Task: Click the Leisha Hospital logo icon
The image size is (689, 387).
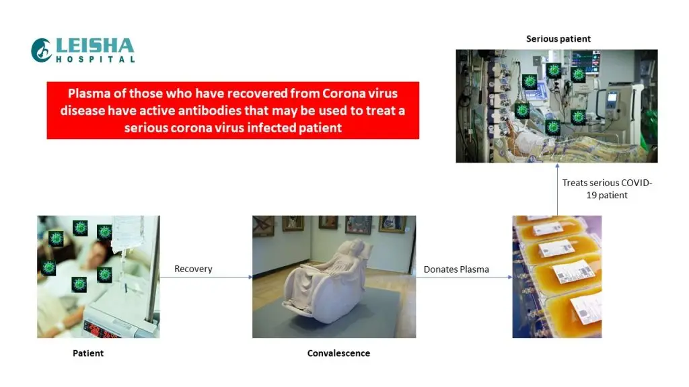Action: pos(42,50)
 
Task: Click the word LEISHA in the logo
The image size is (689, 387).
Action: pos(95,46)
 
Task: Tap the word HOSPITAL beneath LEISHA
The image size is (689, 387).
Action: pos(95,60)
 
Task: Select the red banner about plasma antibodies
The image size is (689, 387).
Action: pos(233,110)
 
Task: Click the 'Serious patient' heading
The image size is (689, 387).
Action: pos(558,39)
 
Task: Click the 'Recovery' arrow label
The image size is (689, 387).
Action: pos(193,269)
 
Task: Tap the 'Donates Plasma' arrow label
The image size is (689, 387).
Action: pos(456,269)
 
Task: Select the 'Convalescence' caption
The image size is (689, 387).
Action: pos(338,353)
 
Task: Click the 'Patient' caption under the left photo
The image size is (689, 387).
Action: pos(88,353)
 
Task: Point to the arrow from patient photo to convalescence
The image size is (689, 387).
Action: pos(206,277)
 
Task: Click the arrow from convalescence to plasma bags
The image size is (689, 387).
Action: pos(464,277)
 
